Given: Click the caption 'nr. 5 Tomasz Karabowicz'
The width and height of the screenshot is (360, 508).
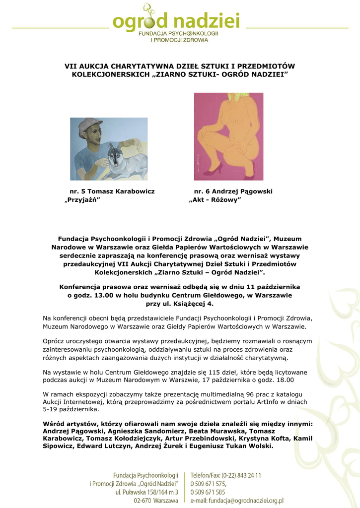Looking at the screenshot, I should click(112, 191).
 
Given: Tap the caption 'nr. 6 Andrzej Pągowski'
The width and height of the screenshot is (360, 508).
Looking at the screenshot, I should click(233, 191).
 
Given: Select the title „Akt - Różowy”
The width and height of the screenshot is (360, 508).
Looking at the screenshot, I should click(215, 200).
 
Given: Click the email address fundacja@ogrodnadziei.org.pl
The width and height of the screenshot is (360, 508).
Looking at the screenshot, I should click(237, 501).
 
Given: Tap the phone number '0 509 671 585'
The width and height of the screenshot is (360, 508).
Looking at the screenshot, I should click(208, 492).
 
